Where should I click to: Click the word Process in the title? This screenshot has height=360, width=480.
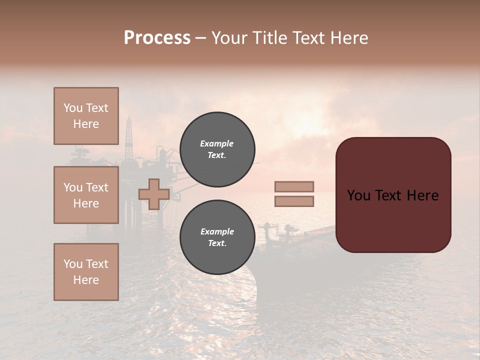point(157,38)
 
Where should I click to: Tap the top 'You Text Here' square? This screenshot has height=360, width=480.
point(86,116)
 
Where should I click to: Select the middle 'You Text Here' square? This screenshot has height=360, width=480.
point(86,195)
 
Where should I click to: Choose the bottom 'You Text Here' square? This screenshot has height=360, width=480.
point(86,271)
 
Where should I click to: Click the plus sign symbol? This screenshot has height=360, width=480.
point(154,194)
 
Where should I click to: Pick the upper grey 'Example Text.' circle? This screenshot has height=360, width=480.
point(217,149)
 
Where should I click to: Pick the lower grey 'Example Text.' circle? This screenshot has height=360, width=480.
point(217,237)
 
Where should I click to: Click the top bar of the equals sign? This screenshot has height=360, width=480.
point(294,186)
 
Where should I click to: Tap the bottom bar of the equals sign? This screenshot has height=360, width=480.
point(294,201)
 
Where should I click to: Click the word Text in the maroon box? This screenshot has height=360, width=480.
point(392,195)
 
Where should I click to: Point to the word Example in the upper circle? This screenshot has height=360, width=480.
point(217,143)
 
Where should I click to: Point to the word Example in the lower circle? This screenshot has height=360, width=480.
point(217,231)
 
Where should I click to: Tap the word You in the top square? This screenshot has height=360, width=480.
point(72,108)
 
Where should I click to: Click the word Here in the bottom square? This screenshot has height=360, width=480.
point(86,280)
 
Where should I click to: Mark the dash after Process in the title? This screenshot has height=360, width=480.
point(200,38)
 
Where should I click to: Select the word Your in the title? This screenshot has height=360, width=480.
point(231,38)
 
